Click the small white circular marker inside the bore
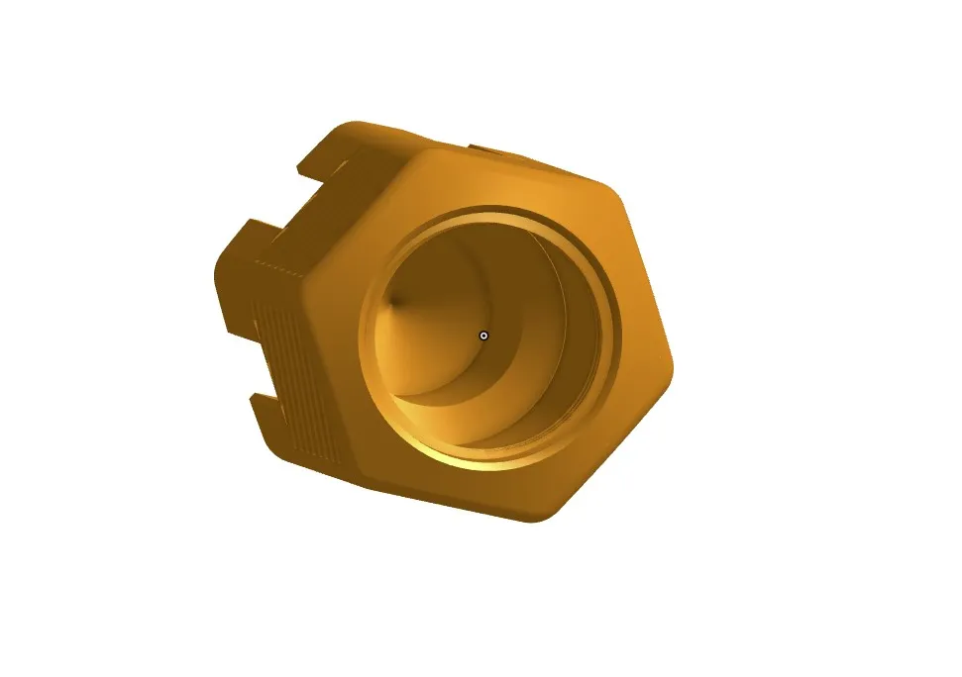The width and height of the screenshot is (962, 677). (x=483, y=336)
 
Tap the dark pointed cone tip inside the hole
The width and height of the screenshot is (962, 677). (x=397, y=299)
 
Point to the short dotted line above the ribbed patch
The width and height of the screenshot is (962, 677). (x=277, y=264)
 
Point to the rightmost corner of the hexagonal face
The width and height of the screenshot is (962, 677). (x=672, y=361)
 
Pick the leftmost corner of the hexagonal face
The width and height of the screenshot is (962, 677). (x=307, y=285)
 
